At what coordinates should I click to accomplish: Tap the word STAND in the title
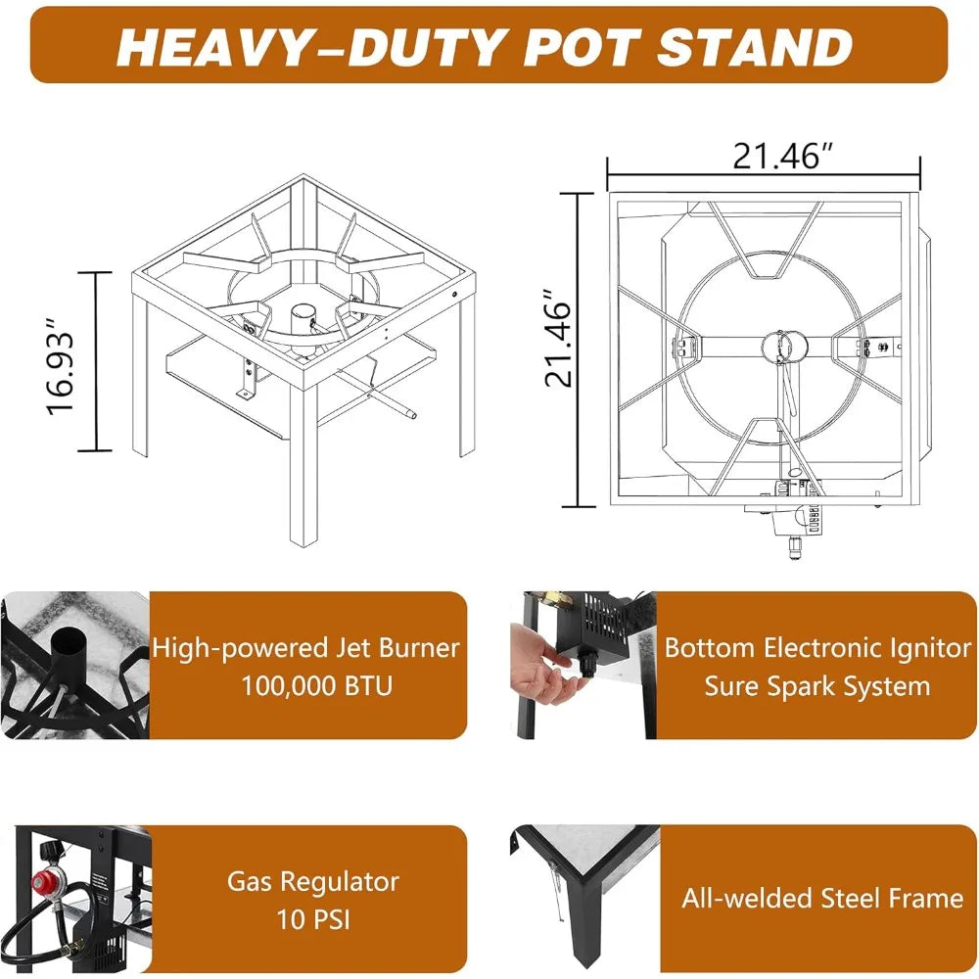(754, 47)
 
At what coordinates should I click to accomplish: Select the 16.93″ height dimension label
(61, 366)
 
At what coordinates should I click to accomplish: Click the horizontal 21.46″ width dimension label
(782, 156)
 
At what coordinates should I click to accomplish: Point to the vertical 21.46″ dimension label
(558, 338)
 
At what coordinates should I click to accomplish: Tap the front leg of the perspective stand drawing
(304, 465)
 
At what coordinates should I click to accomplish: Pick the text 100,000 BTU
(317, 686)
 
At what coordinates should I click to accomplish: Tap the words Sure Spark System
(817, 686)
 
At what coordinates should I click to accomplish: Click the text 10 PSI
(313, 919)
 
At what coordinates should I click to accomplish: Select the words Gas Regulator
(313, 882)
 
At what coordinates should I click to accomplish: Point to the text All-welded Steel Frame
(822, 899)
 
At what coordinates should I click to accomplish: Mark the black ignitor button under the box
(588, 666)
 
